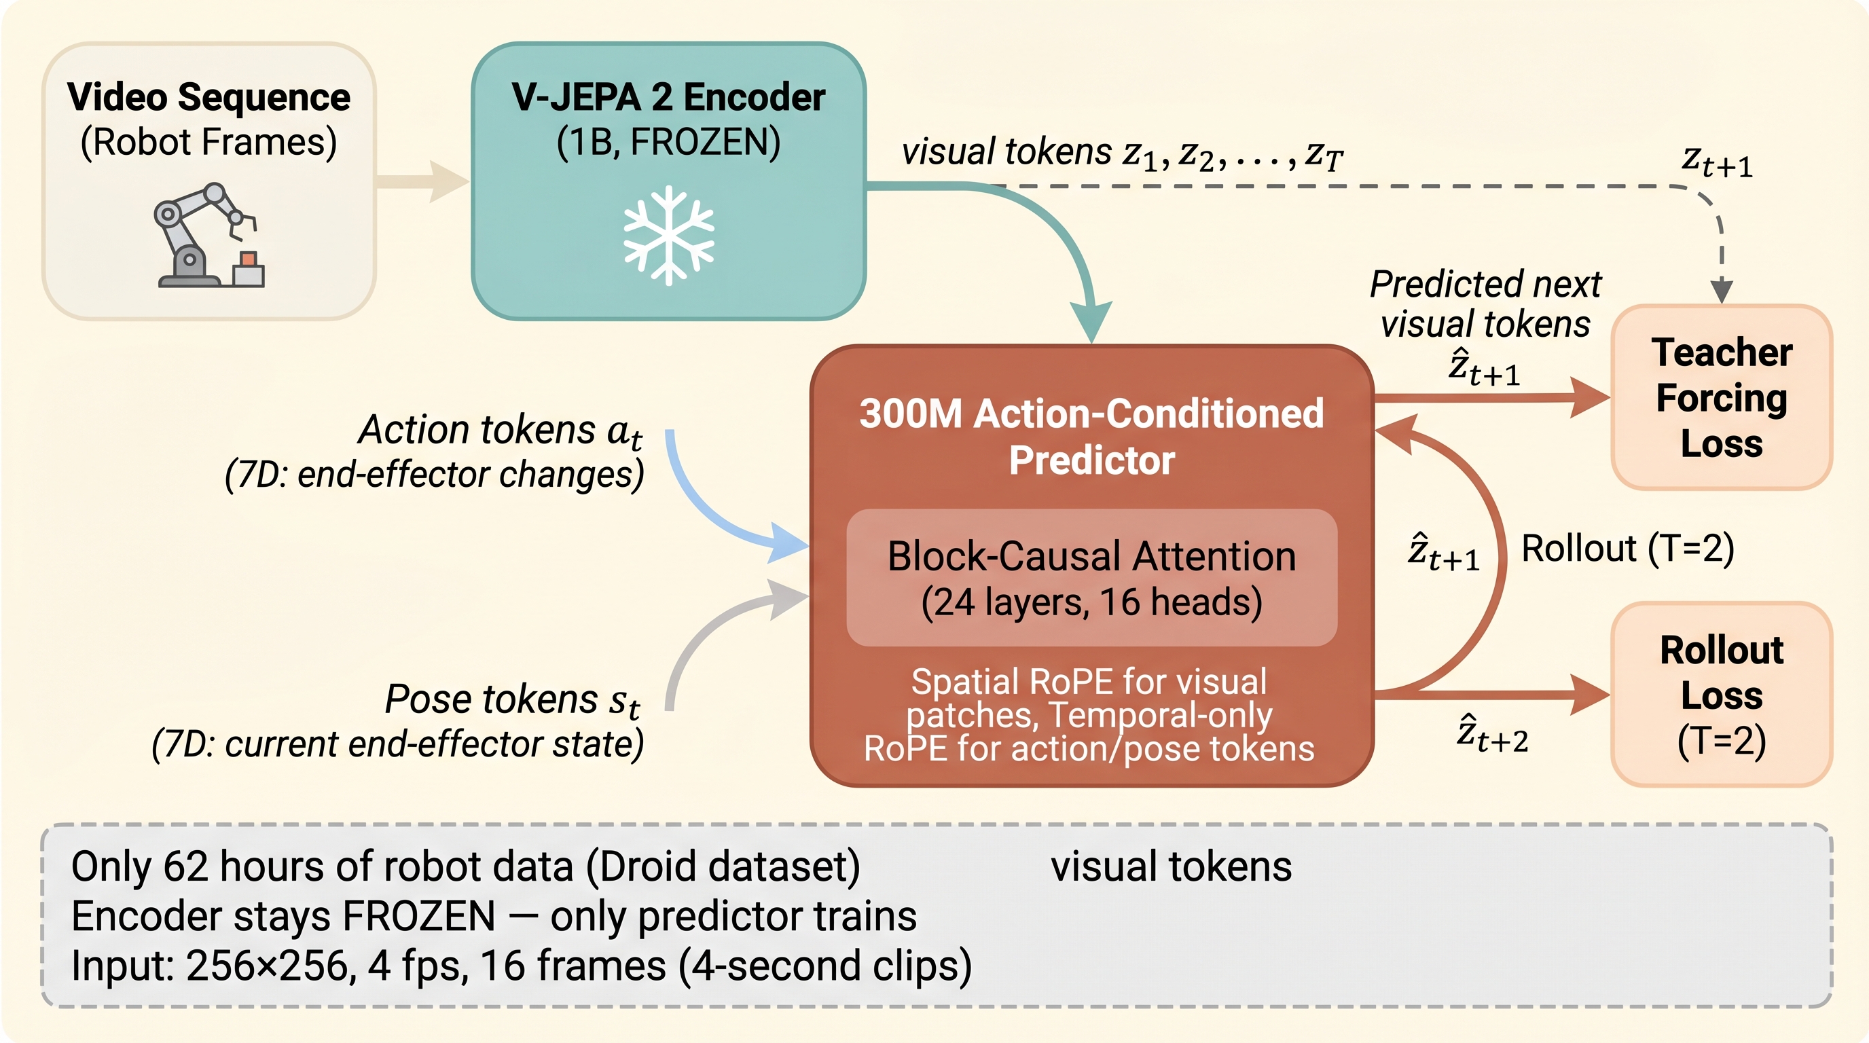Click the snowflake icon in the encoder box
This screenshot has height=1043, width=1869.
[x=668, y=236]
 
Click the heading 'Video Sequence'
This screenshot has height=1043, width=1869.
[x=209, y=97]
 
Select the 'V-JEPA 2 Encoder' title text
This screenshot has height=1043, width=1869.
[x=668, y=97]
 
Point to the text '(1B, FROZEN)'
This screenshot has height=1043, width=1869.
[x=668, y=142]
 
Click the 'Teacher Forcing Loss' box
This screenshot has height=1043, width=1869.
[x=1722, y=397]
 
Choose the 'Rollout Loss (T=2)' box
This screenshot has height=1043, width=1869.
[x=1722, y=695]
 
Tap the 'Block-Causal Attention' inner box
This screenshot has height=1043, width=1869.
[x=1091, y=578]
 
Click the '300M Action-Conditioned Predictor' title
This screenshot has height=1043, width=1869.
[x=1091, y=437]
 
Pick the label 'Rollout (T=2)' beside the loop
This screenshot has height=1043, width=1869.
[x=1627, y=549]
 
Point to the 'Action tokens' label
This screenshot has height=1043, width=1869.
[x=501, y=430]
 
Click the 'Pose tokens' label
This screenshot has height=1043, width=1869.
[x=512, y=700]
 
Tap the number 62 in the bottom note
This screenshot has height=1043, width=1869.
[x=185, y=866]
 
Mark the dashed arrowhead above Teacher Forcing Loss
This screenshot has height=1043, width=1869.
[x=1722, y=292]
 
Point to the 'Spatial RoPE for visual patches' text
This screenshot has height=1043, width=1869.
[x=1089, y=699]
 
